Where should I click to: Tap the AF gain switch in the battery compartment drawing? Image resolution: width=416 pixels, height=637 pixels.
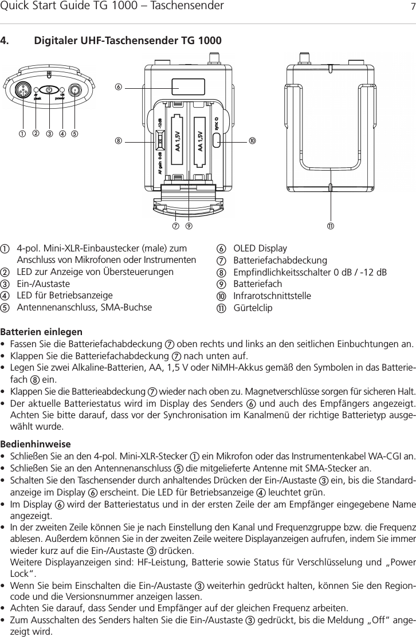tap(161, 139)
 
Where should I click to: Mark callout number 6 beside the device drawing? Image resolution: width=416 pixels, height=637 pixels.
tap(119, 88)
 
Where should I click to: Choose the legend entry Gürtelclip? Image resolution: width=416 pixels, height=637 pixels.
tap(253, 308)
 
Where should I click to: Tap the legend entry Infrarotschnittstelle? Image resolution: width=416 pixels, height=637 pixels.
tap(272, 296)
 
